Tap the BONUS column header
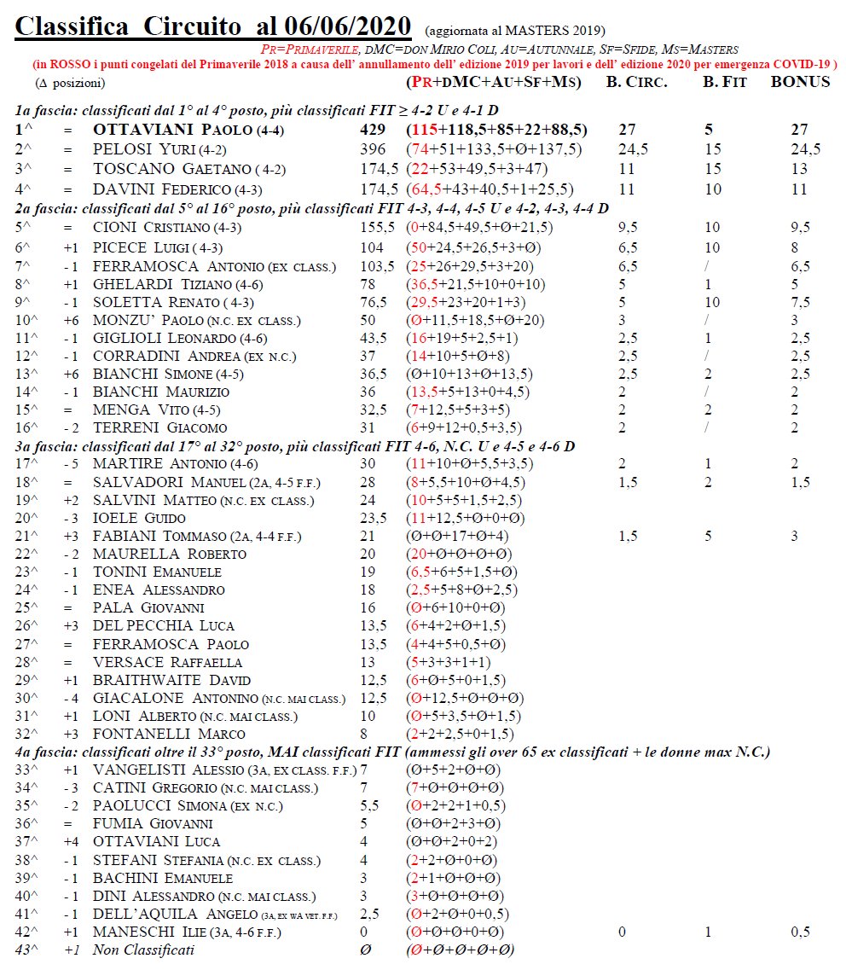click(800, 82)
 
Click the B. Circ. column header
click(636, 82)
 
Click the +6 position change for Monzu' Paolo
click(72, 320)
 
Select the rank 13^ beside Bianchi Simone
click(27, 373)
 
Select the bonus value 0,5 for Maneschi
click(799, 931)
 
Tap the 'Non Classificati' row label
click(144, 950)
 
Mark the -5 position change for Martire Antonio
click(72, 463)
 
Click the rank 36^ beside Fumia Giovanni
click(27, 823)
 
